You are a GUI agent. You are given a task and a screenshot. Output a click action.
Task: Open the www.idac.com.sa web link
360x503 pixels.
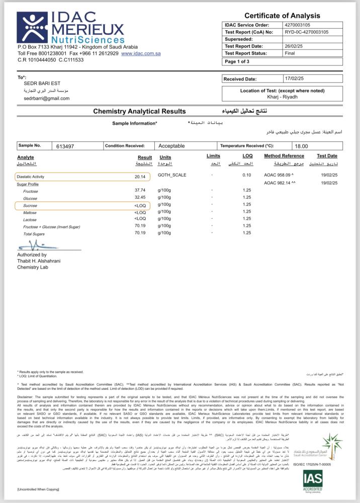coord(140,53)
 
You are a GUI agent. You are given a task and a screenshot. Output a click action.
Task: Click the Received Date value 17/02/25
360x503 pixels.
coord(295,79)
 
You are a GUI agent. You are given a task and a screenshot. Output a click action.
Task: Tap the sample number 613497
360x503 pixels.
coord(65,146)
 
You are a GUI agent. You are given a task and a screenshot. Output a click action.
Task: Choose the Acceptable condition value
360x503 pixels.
coord(171,146)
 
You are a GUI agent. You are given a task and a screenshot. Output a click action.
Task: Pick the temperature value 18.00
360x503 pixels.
coord(301,146)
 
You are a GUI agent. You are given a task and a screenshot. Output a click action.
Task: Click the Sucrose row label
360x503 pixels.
coord(31,205)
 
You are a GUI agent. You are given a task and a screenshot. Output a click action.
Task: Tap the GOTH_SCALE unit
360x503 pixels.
coord(172,175)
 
